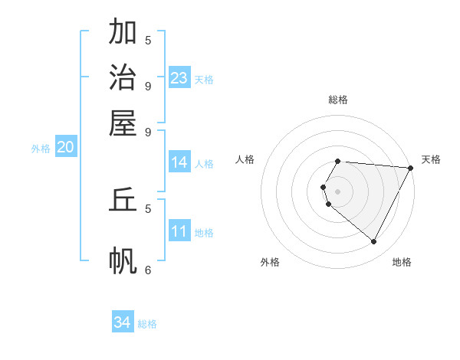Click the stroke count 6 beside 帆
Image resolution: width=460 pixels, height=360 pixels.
[148, 270]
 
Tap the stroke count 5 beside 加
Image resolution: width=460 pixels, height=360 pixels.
[148, 40]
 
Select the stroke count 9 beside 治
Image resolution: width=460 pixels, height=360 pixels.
[148, 85]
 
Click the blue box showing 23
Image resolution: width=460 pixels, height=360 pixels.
[179, 77]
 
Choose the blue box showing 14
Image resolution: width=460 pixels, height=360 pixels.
[179, 162]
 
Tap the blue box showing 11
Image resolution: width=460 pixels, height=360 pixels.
[179, 232]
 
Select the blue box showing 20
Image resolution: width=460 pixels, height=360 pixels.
[65, 148]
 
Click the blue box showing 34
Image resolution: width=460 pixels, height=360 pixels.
[123, 322]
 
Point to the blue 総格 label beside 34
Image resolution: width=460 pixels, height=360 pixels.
[147, 324]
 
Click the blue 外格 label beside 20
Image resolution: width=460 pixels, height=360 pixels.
[41, 149]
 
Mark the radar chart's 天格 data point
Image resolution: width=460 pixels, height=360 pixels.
[411, 169]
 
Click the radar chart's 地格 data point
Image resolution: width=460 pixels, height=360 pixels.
[374, 242]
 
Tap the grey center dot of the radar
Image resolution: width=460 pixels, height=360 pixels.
[338, 191]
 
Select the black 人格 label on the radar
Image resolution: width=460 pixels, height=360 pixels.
[245, 159]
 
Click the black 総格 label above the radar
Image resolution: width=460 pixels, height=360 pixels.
[338, 100]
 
